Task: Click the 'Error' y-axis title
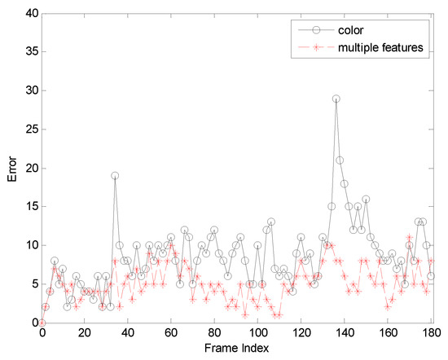(11, 169)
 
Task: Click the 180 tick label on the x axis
(431, 333)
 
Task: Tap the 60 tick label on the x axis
(171, 333)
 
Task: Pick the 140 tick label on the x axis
(345, 333)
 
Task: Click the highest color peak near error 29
(336, 99)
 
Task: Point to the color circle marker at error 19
(115, 175)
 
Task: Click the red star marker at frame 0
(42, 323)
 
